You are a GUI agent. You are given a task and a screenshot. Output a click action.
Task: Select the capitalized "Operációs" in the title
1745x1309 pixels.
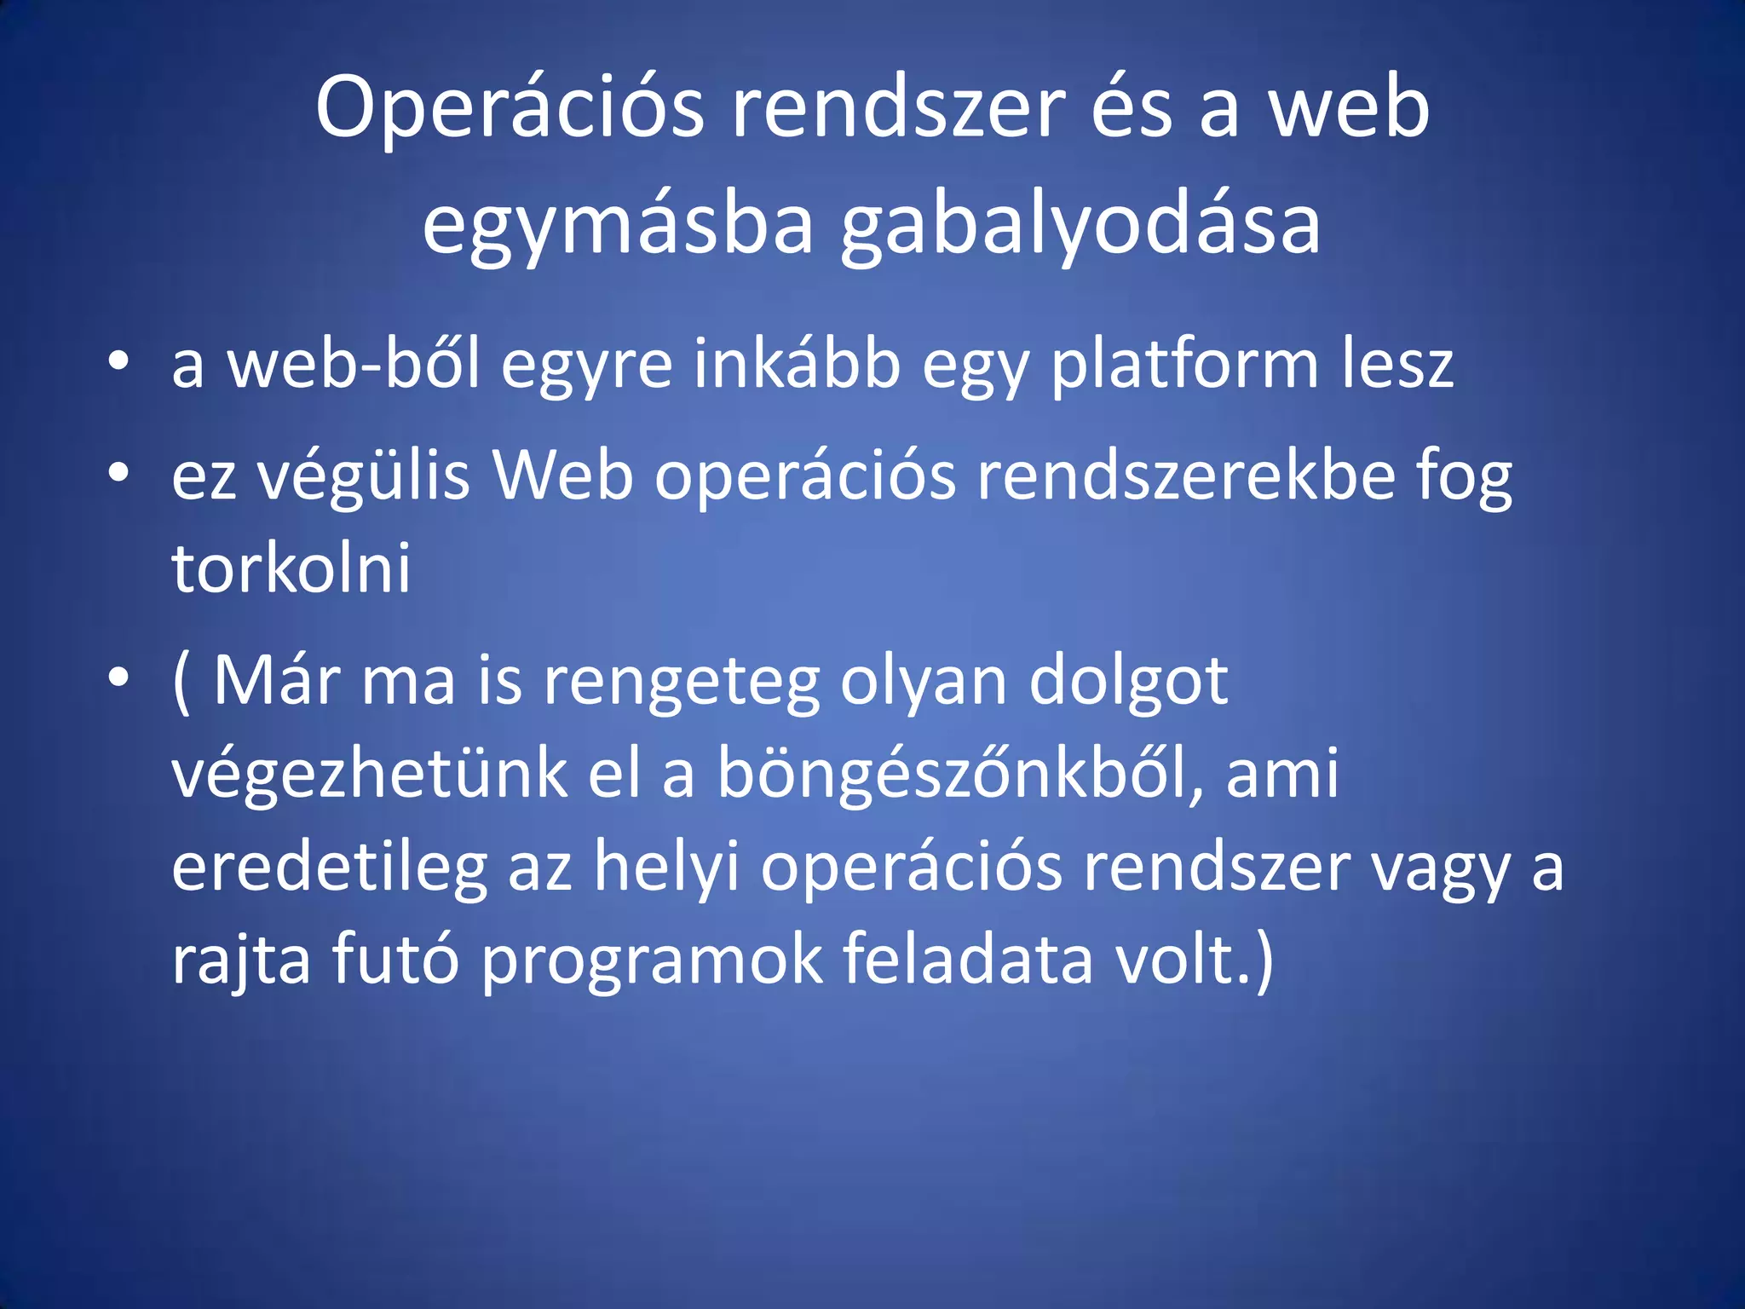tap(510, 109)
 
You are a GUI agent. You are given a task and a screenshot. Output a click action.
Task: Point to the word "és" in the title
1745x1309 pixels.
tap(1132, 109)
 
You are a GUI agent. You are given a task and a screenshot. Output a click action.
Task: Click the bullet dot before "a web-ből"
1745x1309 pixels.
tap(119, 360)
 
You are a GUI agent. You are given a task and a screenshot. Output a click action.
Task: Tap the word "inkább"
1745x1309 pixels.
tap(796, 363)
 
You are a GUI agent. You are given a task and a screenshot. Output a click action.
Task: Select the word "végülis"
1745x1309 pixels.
tap(364, 476)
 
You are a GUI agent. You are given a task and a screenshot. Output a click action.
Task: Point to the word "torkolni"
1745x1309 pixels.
tap(291, 568)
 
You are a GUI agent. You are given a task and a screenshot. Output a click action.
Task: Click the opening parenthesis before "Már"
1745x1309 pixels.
tap(181, 681)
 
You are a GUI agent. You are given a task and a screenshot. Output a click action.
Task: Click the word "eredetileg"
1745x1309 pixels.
tap(329, 868)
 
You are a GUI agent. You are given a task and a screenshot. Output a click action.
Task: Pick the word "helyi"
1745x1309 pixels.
tap(666, 868)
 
